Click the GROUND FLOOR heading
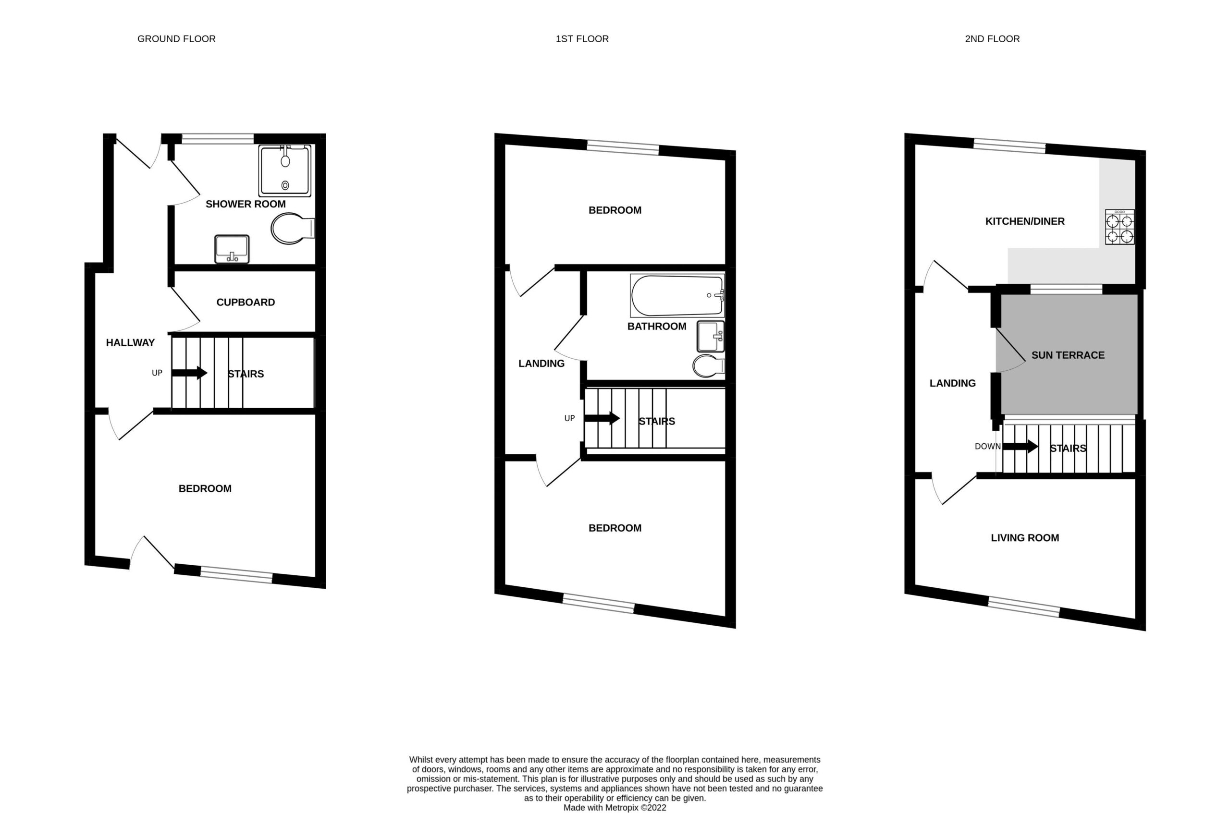[x=176, y=39]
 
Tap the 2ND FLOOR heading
[x=992, y=39]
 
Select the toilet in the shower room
[x=293, y=228]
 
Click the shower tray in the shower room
[x=285, y=170]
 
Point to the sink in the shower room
[x=232, y=249]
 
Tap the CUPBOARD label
[x=246, y=302]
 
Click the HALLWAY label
[x=130, y=343]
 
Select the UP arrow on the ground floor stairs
[x=189, y=373]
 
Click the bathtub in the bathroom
[x=677, y=295]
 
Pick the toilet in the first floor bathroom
[x=709, y=365]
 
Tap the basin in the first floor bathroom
[x=711, y=337]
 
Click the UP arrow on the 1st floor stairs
[x=602, y=418]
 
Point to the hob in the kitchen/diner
[x=1119, y=227]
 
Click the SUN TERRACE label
[x=1068, y=355]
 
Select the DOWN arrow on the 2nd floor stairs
[x=1021, y=446]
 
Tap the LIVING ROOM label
[x=1024, y=538]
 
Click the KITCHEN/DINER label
[x=1024, y=221]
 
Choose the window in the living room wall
[x=1024, y=607]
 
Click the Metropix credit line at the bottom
[x=615, y=807]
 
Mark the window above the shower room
[x=217, y=138]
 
